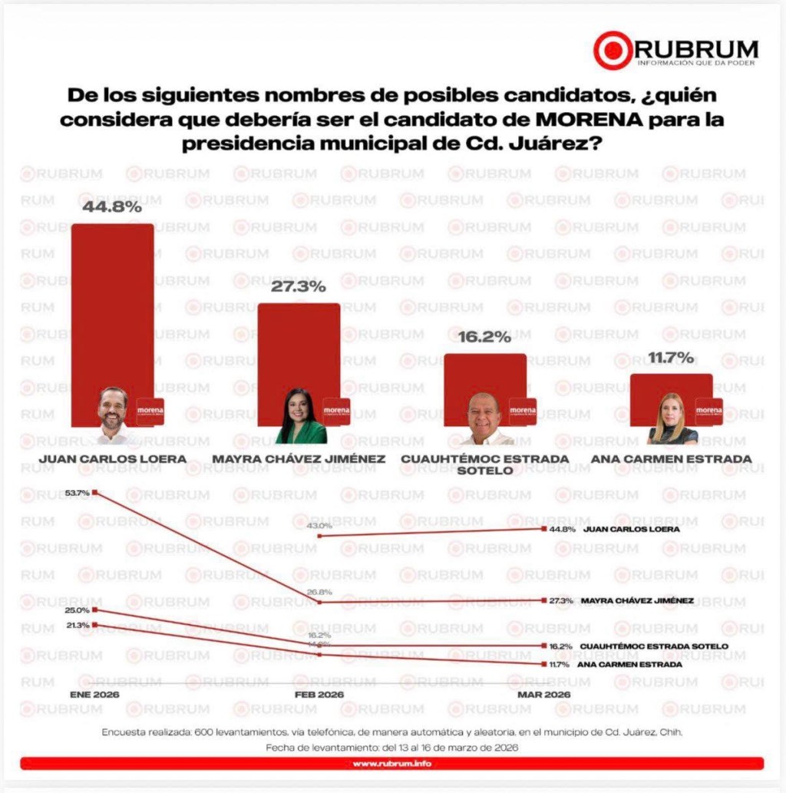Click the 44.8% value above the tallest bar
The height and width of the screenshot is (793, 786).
(x=113, y=207)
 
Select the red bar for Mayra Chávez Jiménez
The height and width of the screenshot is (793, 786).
(x=298, y=345)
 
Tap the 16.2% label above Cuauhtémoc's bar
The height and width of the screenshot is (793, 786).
(x=484, y=337)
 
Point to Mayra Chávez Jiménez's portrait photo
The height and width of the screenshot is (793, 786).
(x=301, y=416)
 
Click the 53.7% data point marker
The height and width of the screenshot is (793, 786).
(x=94, y=493)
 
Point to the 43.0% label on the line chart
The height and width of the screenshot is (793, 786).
(x=319, y=526)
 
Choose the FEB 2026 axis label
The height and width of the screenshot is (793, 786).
(x=319, y=694)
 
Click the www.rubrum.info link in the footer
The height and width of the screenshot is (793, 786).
(x=392, y=764)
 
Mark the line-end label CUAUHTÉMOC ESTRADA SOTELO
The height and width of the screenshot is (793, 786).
(x=654, y=646)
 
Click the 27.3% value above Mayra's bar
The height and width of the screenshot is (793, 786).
(x=298, y=287)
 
